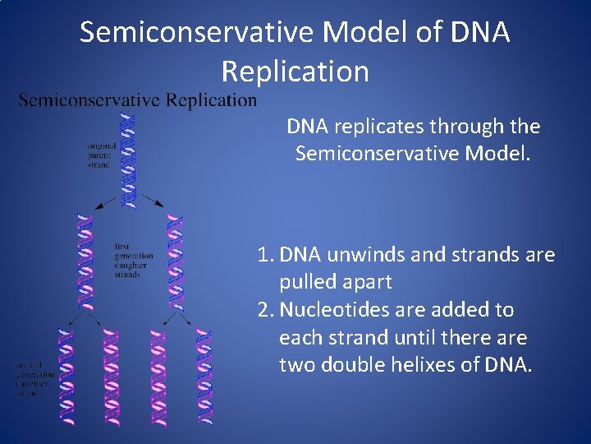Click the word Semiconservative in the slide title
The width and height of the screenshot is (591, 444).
(197, 32)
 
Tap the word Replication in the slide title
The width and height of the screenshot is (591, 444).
(295, 72)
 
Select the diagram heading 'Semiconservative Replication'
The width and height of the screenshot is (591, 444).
(137, 100)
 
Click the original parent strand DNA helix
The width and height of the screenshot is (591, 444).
(128, 160)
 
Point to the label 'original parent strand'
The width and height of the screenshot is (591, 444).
(103, 155)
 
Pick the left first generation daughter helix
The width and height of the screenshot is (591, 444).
(84, 260)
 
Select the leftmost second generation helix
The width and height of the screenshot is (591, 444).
(62, 375)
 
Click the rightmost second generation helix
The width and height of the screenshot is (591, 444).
(203, 375)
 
